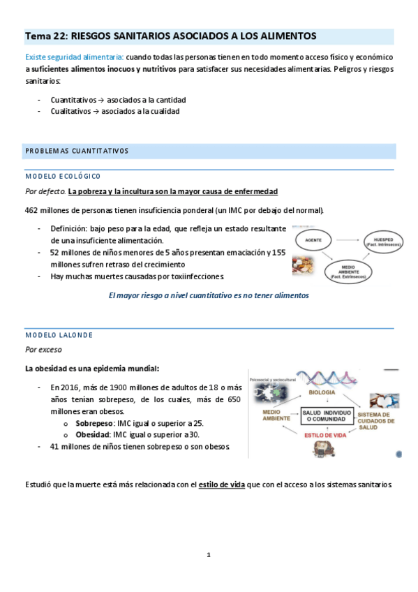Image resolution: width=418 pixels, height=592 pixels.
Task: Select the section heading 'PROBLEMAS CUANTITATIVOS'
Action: (77, 151)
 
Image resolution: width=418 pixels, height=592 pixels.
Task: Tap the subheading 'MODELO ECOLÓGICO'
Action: (63, 176)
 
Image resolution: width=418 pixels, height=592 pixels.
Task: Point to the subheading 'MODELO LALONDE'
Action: (59, 335)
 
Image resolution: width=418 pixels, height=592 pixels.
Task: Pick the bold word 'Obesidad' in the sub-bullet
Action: (92, 435)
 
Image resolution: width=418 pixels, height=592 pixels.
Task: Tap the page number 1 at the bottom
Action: (208, 555)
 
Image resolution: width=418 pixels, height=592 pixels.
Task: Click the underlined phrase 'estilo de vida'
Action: (222, 484)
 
